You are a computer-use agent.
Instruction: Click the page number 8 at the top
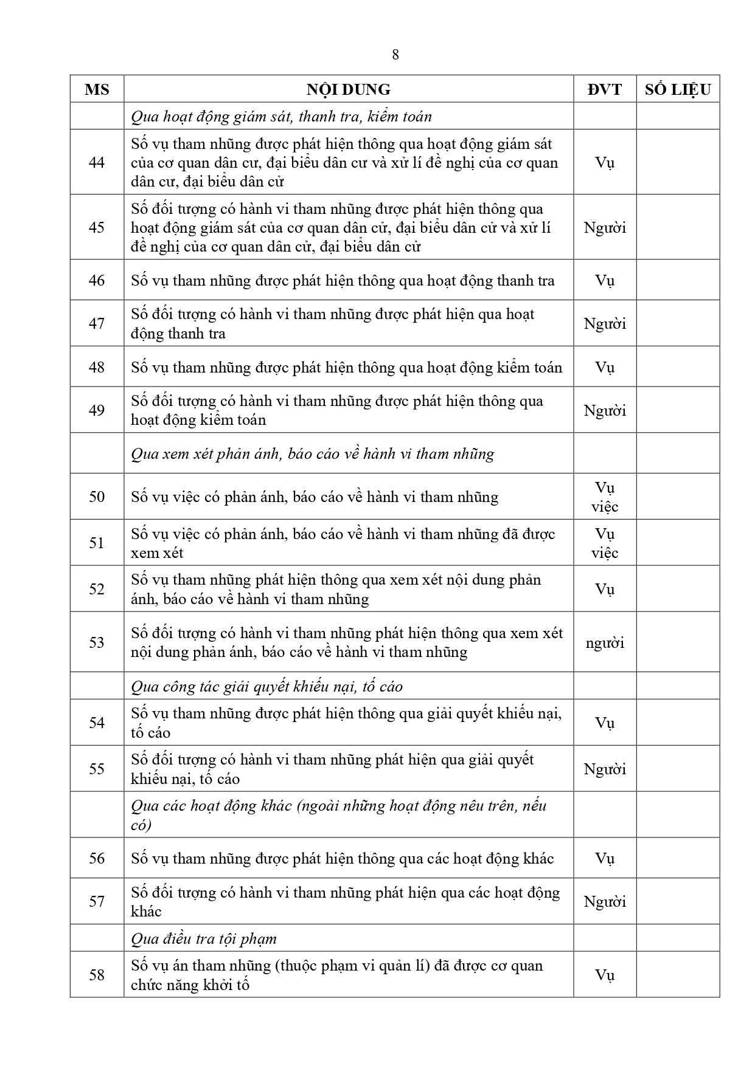[395, 55]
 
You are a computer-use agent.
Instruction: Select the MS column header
[97, 89]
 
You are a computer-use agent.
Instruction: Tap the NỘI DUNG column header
[348, 89]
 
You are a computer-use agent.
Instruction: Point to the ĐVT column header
[605, 89]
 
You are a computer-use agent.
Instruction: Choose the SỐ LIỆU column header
[678, 89]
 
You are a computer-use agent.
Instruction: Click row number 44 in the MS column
[97, 162]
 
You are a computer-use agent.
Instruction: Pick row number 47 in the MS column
[97, 323]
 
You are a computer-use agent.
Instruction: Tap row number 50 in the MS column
[97, 497]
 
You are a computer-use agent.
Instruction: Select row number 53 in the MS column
[97, 642]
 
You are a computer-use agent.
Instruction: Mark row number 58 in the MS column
[97, 975]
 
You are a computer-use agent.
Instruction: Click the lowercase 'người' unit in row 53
[605, 643]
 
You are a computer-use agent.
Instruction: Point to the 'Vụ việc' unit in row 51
[605, 543]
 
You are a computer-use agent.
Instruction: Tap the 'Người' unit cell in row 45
[605, 228]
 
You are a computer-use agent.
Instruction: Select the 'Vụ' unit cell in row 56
[605, 858]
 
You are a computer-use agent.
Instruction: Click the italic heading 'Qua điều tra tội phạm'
[204, 938]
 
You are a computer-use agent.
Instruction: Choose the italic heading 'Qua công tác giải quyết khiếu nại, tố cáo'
[266, 686]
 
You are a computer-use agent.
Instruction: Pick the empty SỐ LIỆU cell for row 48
[678, 367]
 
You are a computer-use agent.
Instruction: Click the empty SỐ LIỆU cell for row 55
[678, 769]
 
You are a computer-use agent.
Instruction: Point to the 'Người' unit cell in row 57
[605, 901]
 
